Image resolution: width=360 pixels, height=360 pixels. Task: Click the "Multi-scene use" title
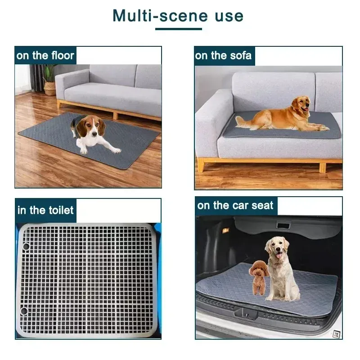pyautogui.click(x=178, y=16)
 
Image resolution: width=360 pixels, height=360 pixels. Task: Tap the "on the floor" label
pyautogui.click(x=45, y=56)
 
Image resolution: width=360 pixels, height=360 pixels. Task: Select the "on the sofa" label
pyautogui.click(x=223, y=56)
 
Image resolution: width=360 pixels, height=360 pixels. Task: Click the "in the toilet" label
pyautogui.click(x=45, y=210)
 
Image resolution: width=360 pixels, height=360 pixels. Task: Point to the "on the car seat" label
pyautogui.click(x=235, y=206)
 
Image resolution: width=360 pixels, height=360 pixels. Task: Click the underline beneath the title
pyautogui.click(x=178, y=29)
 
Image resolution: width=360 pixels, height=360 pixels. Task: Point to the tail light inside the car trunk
pyautogui.click(x=225, y=230)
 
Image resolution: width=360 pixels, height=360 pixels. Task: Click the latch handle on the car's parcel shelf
pyautogui.click(x=283, y=225)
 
